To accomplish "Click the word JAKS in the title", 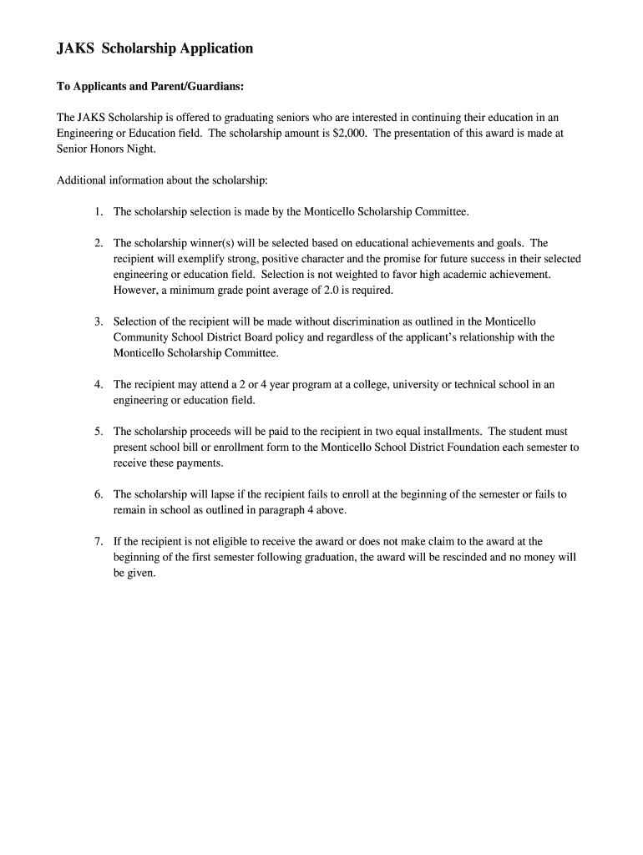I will pos(75,48).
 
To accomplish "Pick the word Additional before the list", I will pos(83,180).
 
